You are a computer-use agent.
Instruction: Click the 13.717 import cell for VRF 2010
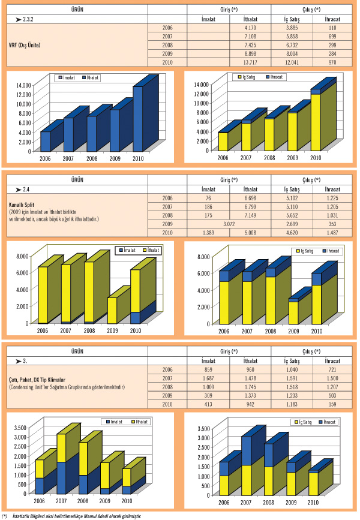250,63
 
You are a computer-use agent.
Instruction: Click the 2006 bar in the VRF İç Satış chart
223,141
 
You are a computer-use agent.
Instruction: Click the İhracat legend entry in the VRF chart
277,77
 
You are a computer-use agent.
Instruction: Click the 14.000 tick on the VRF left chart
23,85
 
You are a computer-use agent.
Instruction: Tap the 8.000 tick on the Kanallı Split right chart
202,257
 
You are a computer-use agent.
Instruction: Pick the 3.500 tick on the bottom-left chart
20,428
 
